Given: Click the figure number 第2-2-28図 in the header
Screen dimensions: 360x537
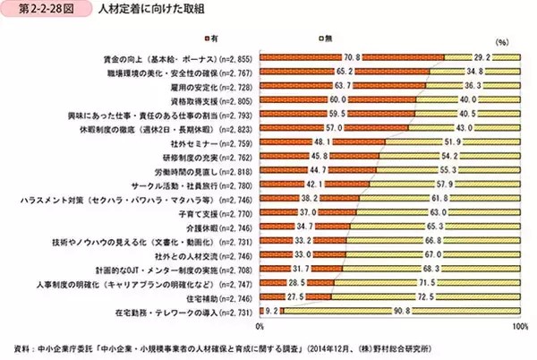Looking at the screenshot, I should [38, 11].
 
